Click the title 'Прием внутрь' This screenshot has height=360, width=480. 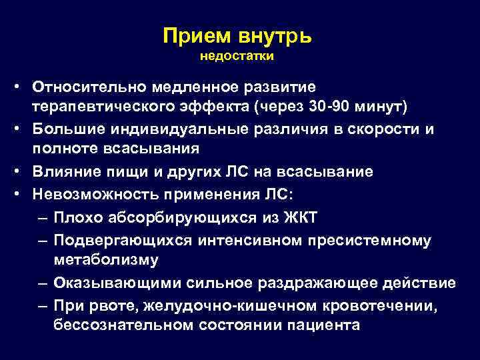(237, 35)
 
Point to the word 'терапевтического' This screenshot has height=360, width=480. (109, 108)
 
